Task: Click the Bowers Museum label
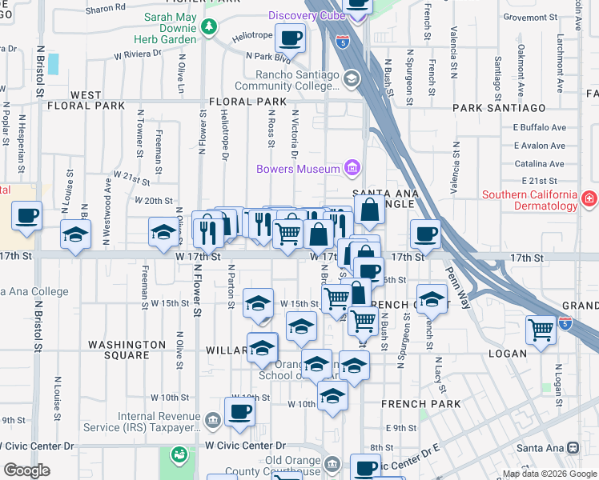point(297,169)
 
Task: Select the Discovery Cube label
point(305,16)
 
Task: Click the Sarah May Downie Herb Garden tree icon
point(210,27)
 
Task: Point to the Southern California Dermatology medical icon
point(589,198)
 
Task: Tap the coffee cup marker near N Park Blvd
point(291,37)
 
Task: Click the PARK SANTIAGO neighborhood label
point(499,107)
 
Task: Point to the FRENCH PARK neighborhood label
point(421,404)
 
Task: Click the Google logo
point(26,470)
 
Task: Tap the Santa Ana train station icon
point(573,448)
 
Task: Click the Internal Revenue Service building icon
point(213,419)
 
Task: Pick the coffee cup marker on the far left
point(26,214)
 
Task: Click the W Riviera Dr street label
point(139,54)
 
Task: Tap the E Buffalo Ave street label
point(539,127)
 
